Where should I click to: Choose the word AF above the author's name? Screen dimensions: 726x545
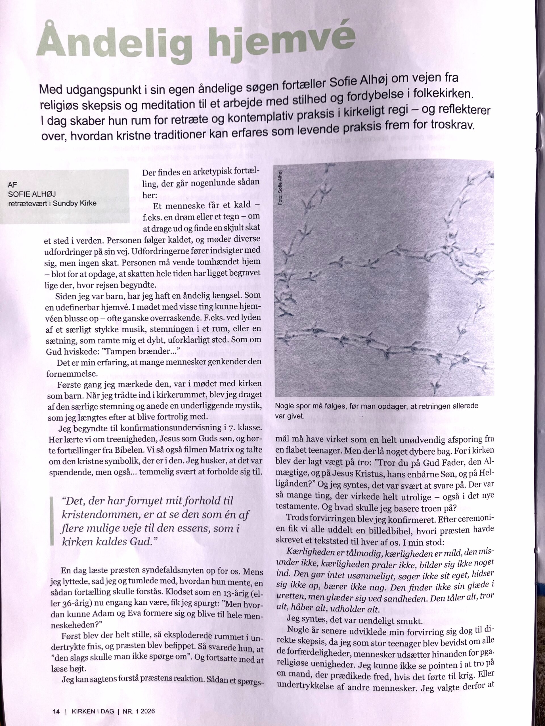[12, 185]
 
